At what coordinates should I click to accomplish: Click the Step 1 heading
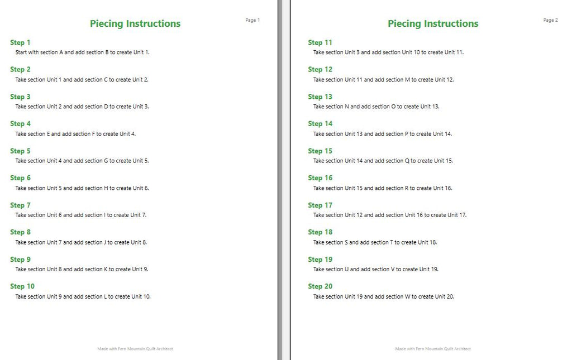(x=20, y=42)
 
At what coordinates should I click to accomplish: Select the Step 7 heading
(x=20, y=205)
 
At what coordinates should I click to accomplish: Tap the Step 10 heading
(x=22, y=286)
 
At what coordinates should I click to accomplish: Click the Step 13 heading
(x=320, y=97)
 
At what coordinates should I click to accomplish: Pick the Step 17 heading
(x=320, y=205)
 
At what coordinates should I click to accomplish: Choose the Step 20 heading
(x=320, y=286)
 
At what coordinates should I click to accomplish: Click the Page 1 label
(x=252, y=20)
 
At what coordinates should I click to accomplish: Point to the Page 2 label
(x=550, y=20)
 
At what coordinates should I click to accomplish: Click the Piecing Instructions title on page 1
(x=135, y=23)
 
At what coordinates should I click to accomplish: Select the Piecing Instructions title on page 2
(x=433, y=23)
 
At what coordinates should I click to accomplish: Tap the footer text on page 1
(x=135, y=349)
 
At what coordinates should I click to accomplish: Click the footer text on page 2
(x=433, y=349)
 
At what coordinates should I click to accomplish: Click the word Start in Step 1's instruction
(x=21, y=52)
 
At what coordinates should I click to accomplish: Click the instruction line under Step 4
(x=75, y=134)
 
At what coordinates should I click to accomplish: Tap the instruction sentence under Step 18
(x=375, y=242)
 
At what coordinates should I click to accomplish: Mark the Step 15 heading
(x=320, y=151)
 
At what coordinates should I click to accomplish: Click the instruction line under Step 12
(x=383, y=79)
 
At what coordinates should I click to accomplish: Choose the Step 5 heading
(x=20, y=151)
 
